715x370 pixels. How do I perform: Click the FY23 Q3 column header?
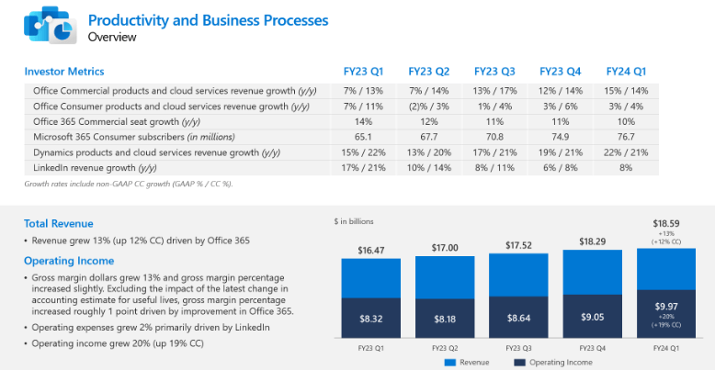494,71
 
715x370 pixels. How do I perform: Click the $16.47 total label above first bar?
369,249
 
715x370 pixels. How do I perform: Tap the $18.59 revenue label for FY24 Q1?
665,223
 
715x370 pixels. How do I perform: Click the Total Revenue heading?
59,223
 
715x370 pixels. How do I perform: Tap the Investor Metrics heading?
64,71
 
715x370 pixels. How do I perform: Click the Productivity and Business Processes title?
207,20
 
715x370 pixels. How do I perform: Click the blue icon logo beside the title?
48,25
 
